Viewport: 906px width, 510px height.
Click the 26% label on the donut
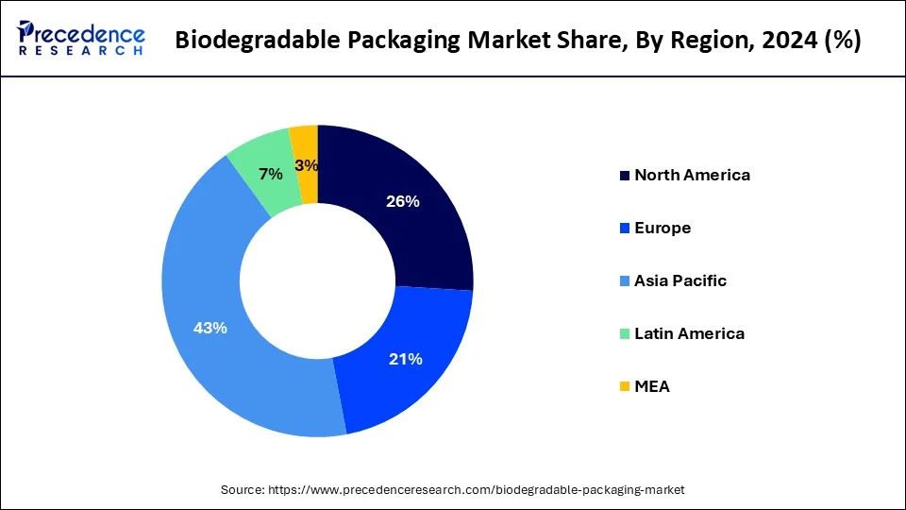[x=403, y=201]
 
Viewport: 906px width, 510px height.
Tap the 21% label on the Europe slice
[x=406, y=359]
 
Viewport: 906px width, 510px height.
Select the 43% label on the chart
[x=210, y=328]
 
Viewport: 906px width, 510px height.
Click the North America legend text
[x=692, y=175]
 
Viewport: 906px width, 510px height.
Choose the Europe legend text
[x=663, y=228]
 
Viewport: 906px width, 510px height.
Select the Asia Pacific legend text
[x=680, y=280]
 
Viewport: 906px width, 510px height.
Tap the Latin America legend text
[x=689, y=333]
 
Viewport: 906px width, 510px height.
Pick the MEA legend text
[x=652, y=386]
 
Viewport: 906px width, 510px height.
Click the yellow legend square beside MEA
[x=624, y=387]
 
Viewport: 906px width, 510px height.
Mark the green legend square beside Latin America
[x=624, y=334]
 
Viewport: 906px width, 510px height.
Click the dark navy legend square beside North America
[x=624, y=176]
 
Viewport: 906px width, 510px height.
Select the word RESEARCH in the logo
[x=80, y=53]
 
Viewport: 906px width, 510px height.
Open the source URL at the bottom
[x=478, y=490]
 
